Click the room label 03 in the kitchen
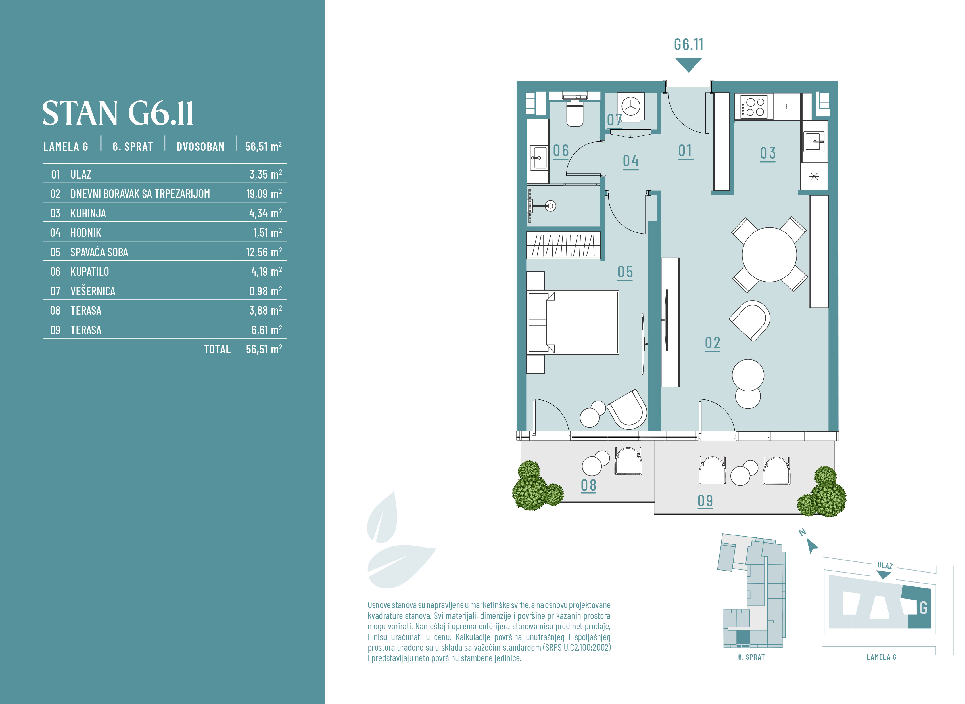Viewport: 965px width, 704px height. pyautogui.click(x=768, y=153)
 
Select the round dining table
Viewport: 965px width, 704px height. pyautogui.click(x=769, y=255)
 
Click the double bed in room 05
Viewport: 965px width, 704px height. pyautogui.click(x=573, y=322)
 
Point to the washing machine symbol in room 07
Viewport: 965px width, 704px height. pyautogui.click(x=631, y=106)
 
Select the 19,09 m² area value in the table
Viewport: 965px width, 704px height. pyautogui.click(x=264, y=194)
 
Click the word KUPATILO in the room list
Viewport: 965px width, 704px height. pyautogui.click(x=89, y=271)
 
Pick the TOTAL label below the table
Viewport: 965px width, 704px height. pyautogui.click(x=217, y=349)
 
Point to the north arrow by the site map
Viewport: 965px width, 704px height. pyautogui.click(x=812, y=546)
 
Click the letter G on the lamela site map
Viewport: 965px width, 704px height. pyautogui.click(x=923, y=608)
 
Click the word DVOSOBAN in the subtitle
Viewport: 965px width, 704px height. pyautogui.click(x=200, y=146)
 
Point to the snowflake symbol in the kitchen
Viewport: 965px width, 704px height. pyautogui.click(x=814, y=177)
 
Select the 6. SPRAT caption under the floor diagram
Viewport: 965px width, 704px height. pyautogui.click(x=751, y=657)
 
